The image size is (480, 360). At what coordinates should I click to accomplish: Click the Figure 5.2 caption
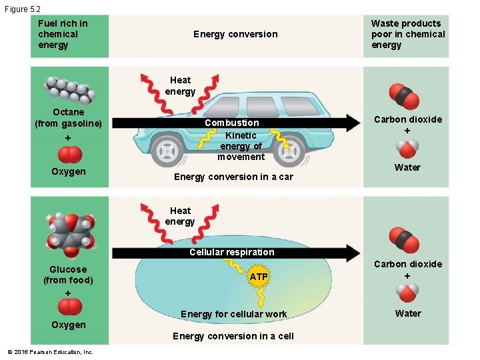(x=22, y=8)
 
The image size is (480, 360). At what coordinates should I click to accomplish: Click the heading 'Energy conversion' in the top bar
(x=235, y=34)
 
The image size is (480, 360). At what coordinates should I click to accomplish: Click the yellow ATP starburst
(x=259, y=276)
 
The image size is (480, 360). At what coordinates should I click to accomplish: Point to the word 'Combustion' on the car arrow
(x=232, y=123)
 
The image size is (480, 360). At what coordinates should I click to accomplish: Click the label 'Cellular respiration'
(x=231, y=252)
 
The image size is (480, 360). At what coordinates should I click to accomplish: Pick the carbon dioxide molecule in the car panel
(x=405, y=97)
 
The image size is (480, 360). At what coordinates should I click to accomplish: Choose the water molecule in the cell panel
(x=407, y=292)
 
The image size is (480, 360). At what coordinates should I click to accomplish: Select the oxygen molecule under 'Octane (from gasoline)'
(x=70, y=155)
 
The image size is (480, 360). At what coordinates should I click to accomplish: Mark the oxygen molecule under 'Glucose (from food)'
(x=69, y=307)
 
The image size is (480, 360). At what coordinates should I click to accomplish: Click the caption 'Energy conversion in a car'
(x=233, y=177)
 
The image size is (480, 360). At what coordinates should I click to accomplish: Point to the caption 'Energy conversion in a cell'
(x=233, y=336)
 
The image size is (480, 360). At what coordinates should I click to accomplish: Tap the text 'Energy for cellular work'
(x=233, y=314)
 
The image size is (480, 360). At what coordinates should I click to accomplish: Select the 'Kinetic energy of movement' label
(x=241, y=146)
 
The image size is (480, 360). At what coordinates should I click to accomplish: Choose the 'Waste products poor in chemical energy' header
(x=407, y=34)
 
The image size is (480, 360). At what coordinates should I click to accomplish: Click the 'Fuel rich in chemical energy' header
(x=63, y=34)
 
